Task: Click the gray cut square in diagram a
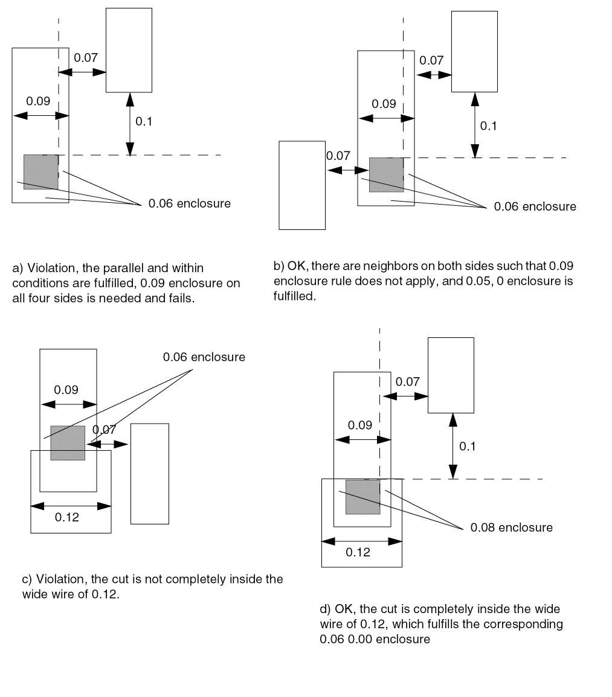[41, 172]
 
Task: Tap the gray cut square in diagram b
[386, 175]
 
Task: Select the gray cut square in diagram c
[68, 443]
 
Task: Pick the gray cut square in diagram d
[362, 497]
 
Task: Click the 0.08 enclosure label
[511, 527]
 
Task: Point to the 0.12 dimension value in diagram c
[67, 517]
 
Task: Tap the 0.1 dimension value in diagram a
[144, 121]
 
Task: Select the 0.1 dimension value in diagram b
[488, 126]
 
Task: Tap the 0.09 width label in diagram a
[38, 101]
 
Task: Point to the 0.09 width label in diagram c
[66, 390]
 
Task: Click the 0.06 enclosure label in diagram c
[204, 357]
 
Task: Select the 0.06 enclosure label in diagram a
[190, 203]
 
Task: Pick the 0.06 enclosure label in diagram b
[535, 206]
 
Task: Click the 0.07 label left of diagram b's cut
[338, 156]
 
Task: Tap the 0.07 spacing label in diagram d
[407, 381]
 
